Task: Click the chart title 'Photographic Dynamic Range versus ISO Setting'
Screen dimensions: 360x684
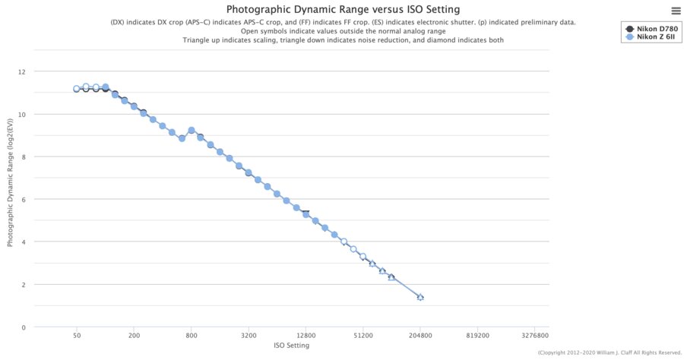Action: tap(342, 9)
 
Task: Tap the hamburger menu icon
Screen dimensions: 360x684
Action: tap(676, 10)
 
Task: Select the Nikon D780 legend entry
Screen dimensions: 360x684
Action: tap(651, 28)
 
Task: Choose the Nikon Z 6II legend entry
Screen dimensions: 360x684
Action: tap(651, 37)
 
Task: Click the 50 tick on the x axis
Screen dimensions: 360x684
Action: tap(77, 335)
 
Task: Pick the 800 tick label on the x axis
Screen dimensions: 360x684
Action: tap(192, 335)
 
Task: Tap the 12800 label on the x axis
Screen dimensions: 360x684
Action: tap(306, 335)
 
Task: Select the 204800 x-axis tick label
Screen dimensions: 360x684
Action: tap(420, 335)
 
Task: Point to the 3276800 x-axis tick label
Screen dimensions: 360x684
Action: tap(534, 335)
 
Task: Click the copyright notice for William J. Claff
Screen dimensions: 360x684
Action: tap(609, 353)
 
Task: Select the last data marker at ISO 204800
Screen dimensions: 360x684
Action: tap(420, 297)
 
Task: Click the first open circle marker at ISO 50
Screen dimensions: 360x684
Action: tap(77, 89)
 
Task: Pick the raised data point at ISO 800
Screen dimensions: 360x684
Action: tap(192, 131)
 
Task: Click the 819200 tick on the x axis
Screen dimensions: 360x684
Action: tap(477, 335)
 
